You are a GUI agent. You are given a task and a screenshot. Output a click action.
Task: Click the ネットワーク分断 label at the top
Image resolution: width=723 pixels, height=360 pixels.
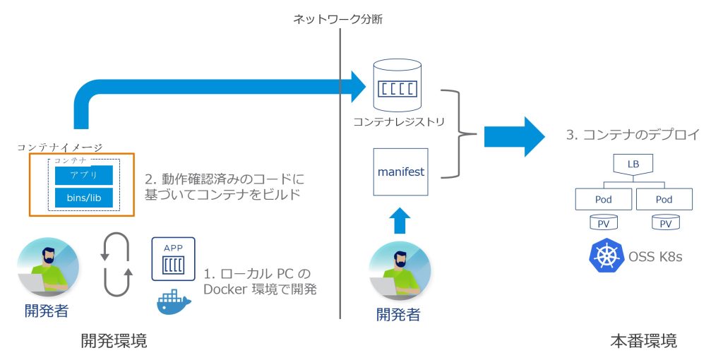[338, 19]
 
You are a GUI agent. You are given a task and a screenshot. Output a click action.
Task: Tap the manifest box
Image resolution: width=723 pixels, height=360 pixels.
[400, 172]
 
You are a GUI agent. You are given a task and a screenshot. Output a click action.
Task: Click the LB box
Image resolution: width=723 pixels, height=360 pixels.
[633, 164]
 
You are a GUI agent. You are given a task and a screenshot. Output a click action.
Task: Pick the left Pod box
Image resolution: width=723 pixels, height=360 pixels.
[603, 199]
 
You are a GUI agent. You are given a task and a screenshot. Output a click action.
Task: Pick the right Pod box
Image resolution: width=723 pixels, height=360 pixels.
[664, 199]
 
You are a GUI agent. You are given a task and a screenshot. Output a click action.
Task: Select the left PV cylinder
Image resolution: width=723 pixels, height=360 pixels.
[603, 222]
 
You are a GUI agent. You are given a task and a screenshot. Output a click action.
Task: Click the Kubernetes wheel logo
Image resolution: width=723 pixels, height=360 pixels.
[605, 257]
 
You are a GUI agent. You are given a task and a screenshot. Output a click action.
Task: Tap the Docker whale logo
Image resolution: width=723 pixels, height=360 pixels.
[174, 302]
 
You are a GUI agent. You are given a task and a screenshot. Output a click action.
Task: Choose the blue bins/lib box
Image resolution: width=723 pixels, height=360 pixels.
[84, 198]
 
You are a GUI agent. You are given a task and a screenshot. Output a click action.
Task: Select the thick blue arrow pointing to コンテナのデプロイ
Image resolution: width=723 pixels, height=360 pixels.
[515, 136]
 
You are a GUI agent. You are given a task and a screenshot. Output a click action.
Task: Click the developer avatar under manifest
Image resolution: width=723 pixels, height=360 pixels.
[400, 271]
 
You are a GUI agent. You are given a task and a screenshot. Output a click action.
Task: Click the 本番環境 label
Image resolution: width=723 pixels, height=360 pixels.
[643, 342]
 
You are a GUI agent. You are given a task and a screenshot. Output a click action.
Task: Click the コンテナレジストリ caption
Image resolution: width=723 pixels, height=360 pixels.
[400, 121]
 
